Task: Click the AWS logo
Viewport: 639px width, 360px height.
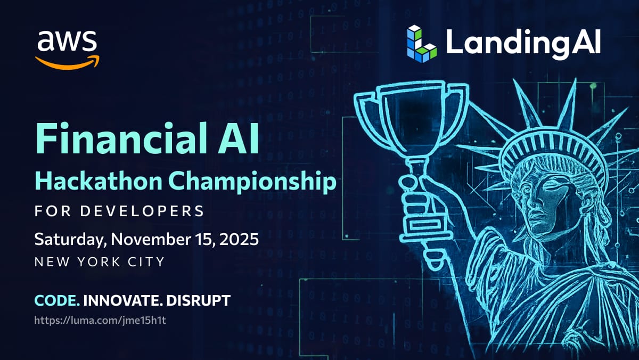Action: tap(67, 50)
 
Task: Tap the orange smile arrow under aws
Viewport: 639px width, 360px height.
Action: tap(67, 63)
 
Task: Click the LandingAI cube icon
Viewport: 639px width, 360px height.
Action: tap(422, 44)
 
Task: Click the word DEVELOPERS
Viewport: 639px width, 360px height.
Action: tap(142, 211)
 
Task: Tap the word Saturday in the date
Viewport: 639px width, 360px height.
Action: tap(70, 240)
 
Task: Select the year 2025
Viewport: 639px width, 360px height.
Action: tap(239, 239)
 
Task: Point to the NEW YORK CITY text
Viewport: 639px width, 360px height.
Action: tap(100, 261)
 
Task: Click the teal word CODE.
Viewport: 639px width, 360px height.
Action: tap(57, 300)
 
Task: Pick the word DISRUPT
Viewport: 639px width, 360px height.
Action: tap(198, 300)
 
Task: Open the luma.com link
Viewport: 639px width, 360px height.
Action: tap(100, 321)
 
